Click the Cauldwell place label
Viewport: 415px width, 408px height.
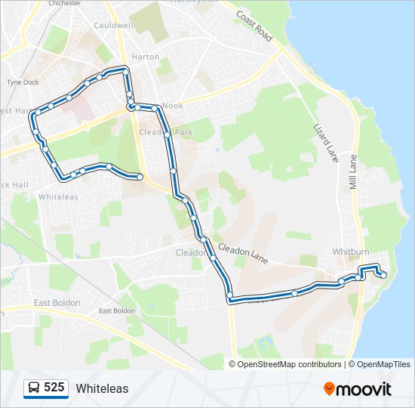click(x=113, y=25)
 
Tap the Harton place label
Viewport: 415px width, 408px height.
click(x=145, y=57)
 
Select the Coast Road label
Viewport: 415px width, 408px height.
click(x=254, y=26)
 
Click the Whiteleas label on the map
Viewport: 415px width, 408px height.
click(x=57, y=196)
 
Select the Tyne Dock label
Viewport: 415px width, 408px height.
click(x=22, y=82)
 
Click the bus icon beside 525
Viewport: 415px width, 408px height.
click(x=34, y=388)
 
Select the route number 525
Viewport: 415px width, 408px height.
click(x=54, y=388)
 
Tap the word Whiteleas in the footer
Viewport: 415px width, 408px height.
click(x=102, y=389)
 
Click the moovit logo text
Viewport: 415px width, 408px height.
click(x=364, y=389)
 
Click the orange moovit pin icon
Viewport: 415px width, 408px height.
click(x=329, y=388)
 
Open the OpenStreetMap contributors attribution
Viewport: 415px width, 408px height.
click(x=289, y=364)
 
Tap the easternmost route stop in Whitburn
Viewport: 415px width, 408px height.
click(x=383, y=275)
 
